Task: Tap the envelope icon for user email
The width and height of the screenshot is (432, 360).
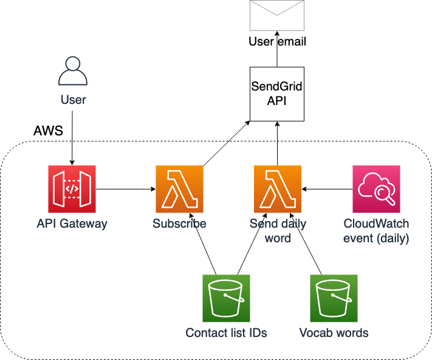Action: click(x=277, y=15)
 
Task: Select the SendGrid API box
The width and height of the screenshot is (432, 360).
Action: click(x=277, y=93)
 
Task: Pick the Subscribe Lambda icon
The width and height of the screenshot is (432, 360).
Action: click(x=179, y=189)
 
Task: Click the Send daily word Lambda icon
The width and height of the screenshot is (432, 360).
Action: click(x=278, y=189)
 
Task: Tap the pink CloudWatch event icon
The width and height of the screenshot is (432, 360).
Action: click(x=376, y=189)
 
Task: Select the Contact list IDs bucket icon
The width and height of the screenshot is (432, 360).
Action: click(x=226, y=298)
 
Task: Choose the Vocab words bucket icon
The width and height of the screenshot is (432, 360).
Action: click(x=334, y=298)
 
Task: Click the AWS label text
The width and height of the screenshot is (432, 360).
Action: click(x=48, y=131)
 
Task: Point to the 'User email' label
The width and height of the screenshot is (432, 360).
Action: click(x=277, y=42)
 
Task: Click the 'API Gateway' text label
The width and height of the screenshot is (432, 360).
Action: click(x=72, y=224)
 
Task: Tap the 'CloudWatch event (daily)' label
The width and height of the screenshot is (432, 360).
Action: click(x=376, y=231)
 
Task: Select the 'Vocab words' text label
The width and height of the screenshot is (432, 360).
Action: click(x=334, y=333)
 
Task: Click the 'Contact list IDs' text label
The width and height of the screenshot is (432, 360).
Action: click(x=226, y=333)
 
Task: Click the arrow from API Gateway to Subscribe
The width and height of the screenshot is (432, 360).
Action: click(x=125, y=189)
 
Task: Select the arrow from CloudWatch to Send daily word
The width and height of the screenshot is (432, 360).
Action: click(x=327, y=189)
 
